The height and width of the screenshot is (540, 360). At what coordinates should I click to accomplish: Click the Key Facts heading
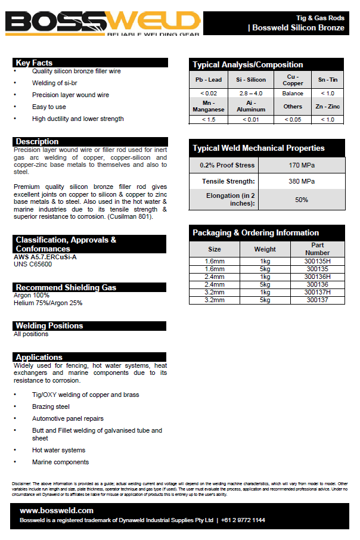point(35,63)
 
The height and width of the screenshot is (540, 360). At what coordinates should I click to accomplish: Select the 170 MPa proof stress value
point(302,165)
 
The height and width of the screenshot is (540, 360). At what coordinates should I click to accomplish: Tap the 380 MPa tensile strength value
point(302,181)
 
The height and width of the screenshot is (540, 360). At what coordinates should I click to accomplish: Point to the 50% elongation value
point(302,200)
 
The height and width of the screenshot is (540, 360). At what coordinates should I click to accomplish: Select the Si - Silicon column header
point(251,80)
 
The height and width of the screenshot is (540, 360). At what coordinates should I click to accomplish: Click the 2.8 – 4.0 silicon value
point(251,94)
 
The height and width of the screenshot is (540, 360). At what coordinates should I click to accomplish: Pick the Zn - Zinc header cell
point(327,106)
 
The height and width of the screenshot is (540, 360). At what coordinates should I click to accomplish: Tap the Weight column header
point(265,249)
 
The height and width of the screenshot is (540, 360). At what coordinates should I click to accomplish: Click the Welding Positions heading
point(49,326)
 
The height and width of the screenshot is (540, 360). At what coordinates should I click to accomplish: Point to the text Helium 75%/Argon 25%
point(48,303)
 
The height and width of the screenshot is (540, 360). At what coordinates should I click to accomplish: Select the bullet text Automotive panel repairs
point(68,418)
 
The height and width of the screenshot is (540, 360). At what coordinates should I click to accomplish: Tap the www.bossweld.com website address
point(57,511)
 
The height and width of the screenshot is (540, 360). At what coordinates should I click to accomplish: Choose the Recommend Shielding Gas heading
point(66,287)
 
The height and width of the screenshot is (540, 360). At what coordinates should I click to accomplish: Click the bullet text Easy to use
point(49,107)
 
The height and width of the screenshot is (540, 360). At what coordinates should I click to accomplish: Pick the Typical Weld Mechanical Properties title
point(259,148)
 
